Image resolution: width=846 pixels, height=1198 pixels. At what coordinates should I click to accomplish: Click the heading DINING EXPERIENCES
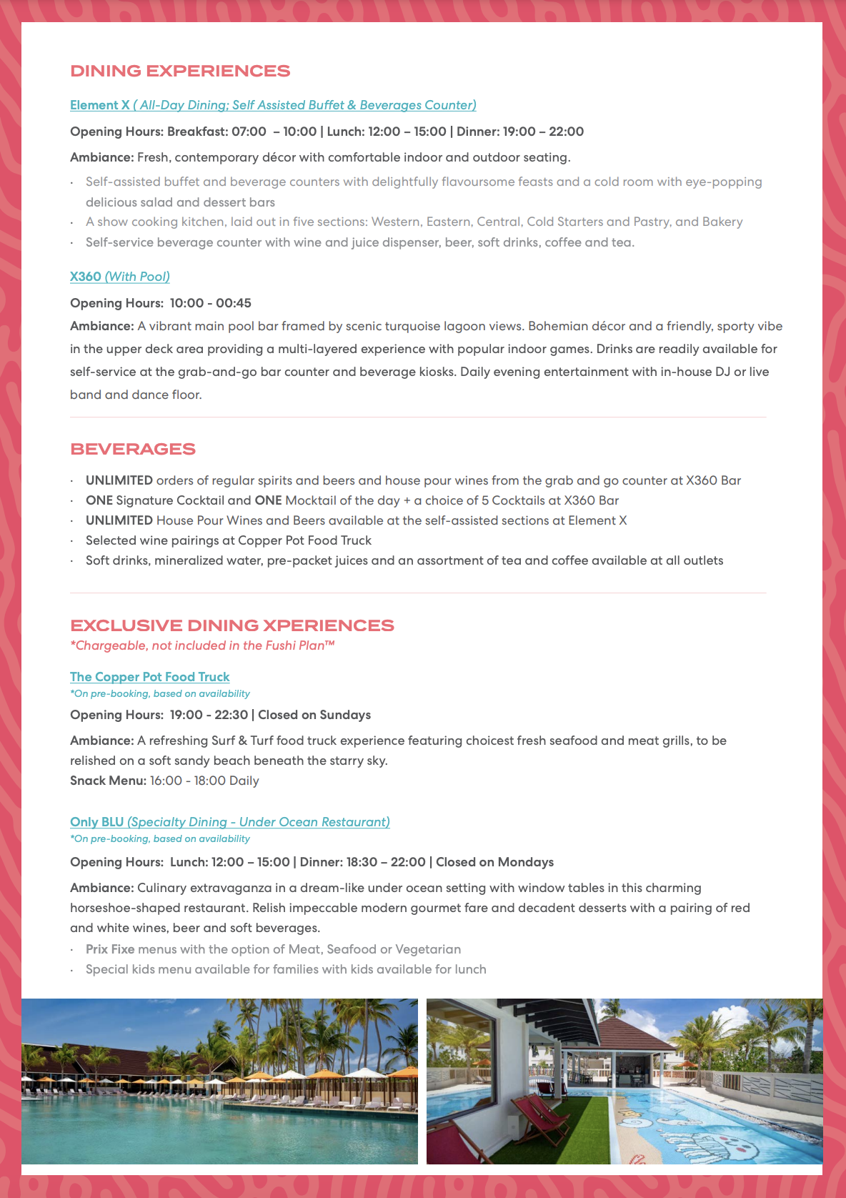pos(180,71)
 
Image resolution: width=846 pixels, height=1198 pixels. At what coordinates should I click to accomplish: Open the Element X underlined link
pos(273,105)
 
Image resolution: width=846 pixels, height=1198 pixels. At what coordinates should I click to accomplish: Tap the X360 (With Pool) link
pos(120,277)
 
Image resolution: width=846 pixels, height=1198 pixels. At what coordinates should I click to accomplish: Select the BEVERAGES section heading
pos(133,450)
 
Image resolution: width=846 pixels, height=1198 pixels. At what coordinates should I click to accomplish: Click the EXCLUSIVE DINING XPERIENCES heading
pos(232,625)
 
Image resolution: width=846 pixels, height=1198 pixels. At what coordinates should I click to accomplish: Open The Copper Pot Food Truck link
pos(150,677)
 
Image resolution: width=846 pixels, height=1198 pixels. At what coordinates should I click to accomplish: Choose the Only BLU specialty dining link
pos(230,822)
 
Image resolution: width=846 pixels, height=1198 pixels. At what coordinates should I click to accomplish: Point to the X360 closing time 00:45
pos(234,303)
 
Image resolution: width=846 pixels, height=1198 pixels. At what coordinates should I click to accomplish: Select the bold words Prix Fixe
pos(110,949)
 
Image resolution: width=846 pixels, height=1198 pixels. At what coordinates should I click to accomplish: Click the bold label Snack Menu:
pos(108,781)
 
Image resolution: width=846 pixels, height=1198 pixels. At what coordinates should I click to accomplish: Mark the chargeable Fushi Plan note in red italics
pos(202,645)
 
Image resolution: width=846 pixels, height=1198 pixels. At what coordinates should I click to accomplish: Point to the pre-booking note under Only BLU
pos(160,839)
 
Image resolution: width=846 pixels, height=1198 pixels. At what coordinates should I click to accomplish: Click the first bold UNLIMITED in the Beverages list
pos(119,480)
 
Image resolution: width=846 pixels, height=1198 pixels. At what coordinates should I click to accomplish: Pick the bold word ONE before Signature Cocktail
pos(99,500)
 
